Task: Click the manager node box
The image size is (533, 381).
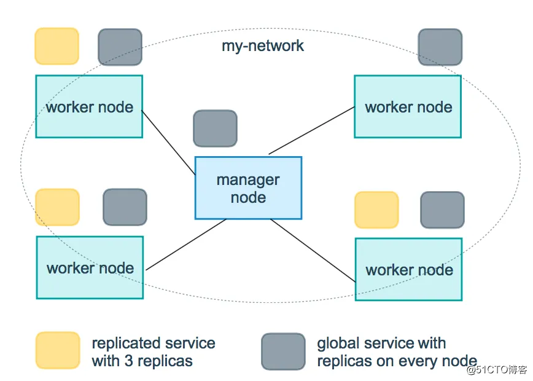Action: (248, 188)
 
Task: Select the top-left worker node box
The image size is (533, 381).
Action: (89, 106)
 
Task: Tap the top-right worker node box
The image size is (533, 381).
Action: (408, 106)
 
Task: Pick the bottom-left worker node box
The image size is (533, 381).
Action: (90, 267)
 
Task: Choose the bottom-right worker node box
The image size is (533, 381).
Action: (408, 269)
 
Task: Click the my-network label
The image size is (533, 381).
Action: (263, 46)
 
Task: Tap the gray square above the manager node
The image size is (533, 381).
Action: (215, 128)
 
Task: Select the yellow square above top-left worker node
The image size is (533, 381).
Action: (56, 46)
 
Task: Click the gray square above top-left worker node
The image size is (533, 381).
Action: (120, 47)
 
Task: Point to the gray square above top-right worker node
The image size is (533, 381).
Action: (440, 47)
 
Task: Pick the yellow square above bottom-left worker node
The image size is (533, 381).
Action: (57, 207)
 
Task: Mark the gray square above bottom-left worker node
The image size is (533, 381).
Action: (125, 207)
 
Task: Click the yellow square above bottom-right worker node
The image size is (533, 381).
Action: (376, 210)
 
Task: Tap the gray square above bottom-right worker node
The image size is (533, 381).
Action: (442, 210)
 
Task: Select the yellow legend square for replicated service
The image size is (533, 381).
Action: (57, 351)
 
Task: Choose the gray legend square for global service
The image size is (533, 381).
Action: (283, 352)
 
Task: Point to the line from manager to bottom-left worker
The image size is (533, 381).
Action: (187, 245)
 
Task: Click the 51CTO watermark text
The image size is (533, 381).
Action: (497, 369)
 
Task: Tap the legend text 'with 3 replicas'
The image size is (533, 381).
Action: (142, 361)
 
